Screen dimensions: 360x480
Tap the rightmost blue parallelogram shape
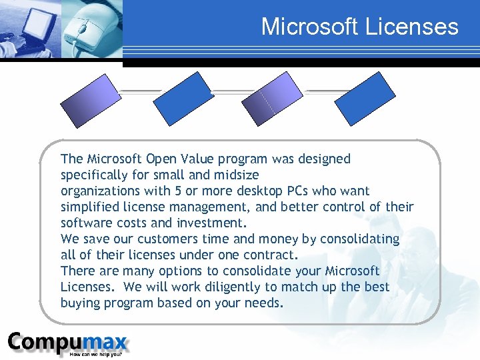click(365, 99)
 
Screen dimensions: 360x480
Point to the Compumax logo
click(67, 342)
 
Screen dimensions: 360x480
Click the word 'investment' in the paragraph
click(211, 223)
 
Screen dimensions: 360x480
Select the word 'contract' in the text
click(269, 255)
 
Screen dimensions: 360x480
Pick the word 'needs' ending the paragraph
click(266, 303)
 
